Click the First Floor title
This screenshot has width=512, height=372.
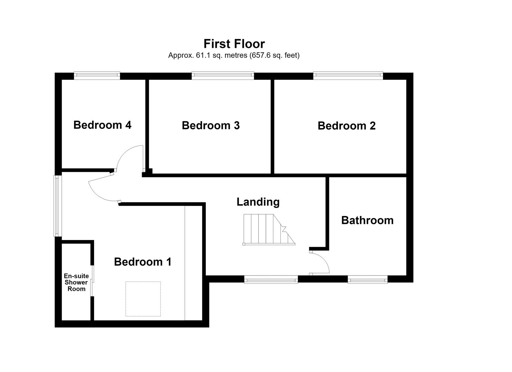234,44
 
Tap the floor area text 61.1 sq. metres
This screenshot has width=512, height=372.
221,55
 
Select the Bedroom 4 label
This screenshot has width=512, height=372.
102,125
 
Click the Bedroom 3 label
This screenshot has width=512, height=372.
211,125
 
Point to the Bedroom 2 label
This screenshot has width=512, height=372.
347,126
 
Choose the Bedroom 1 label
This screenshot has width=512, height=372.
143,262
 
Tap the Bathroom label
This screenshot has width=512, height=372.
367,220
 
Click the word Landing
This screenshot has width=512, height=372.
258,202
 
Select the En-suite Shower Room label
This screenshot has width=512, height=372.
76,282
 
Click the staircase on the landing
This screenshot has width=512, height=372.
269,229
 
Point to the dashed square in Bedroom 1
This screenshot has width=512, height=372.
143,299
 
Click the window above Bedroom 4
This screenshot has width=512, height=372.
97,76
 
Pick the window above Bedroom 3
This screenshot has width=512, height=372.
223,76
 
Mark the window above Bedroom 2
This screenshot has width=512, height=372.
348,76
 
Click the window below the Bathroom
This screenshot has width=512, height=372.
368,279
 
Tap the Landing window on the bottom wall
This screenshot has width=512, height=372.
271,279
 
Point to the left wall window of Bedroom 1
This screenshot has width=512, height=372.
58,206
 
